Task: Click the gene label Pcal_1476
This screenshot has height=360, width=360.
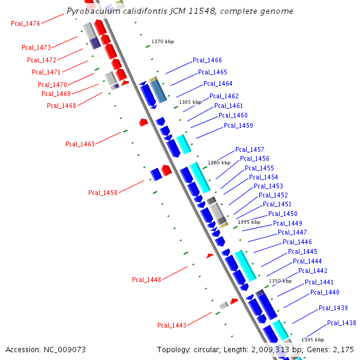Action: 25,23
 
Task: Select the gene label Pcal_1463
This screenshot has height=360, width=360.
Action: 80,144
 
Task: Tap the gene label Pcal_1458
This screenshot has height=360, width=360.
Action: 103,193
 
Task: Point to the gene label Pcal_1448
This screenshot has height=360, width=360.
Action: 146,279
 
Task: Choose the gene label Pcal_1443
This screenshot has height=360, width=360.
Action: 172,325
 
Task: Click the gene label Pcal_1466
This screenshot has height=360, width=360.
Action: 207,60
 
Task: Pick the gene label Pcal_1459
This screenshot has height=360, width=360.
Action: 238,125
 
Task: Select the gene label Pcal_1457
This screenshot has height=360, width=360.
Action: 250,149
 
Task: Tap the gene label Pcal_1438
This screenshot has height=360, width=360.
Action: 341,323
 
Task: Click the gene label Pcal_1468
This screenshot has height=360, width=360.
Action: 61,106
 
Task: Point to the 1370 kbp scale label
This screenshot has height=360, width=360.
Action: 163,41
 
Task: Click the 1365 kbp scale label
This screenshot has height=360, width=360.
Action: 190,102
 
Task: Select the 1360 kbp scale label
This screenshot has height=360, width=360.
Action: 219,163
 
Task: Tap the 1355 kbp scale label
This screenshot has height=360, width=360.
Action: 249,222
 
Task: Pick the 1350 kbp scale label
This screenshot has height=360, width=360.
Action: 280,281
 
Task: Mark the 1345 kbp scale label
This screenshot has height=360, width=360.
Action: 313,340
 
